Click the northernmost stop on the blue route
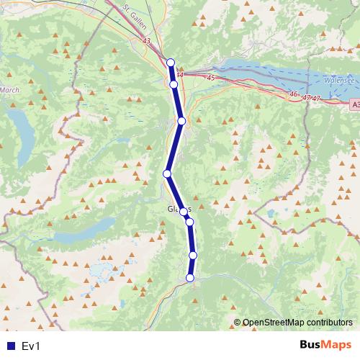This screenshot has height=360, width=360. [x=171, y=63]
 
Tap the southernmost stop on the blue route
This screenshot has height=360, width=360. [x=190, y=278]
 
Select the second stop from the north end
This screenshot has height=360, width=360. [x=174, y=85]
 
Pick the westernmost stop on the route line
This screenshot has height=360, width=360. [x=167, y=174]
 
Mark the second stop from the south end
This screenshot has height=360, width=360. [x=193, y=255]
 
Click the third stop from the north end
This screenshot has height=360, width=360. [x=181, y=121]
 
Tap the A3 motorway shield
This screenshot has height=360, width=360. [x=355, y=105]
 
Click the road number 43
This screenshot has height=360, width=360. [x=147, y=42]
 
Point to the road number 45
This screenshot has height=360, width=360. [x=211, y=78]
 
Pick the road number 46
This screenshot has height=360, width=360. [x=293, y=94]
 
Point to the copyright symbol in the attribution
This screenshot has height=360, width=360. [x=238, y=323]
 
